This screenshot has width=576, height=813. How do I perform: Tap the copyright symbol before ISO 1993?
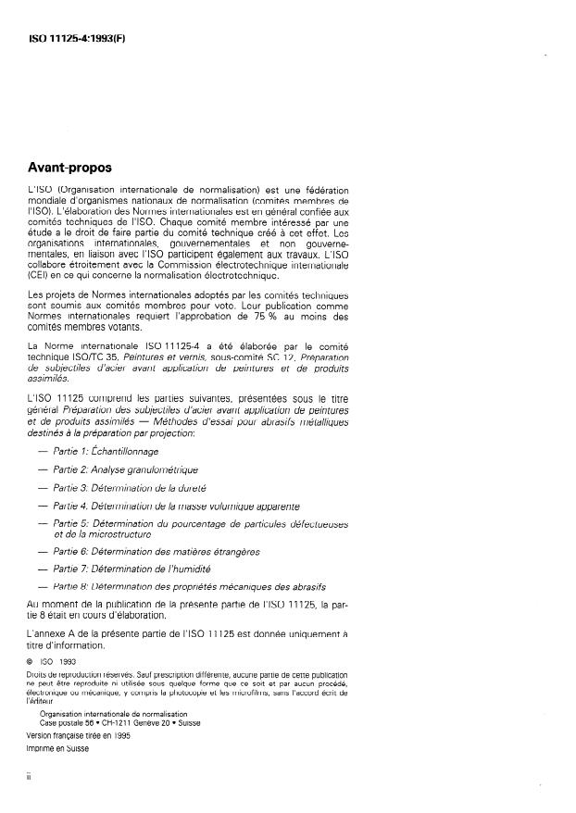tap(31, 662)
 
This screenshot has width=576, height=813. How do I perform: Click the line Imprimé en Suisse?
tap(57, 747)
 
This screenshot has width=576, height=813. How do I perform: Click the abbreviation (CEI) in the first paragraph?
tap(40, 274)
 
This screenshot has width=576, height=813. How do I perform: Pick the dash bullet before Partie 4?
tap(41, 506)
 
